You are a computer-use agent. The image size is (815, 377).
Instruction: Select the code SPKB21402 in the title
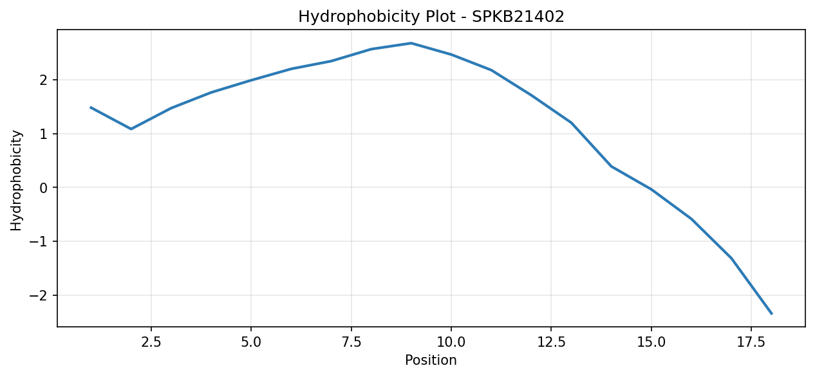pos(518,17)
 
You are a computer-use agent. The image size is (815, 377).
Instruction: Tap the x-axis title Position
pos(431,360)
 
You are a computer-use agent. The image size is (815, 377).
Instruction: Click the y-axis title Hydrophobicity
pos(16,181)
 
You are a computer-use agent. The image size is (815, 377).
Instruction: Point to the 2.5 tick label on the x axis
pos(151,342)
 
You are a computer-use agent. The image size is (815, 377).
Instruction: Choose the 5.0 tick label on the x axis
pos(251,342)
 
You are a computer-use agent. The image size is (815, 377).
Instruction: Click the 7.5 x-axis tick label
pos(351,342)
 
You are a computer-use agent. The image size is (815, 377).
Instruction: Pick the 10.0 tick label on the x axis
pos(451,342)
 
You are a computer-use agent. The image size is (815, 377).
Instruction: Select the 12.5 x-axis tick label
pos(551,342)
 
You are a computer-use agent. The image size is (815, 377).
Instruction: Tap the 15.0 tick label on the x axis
pos(651,342)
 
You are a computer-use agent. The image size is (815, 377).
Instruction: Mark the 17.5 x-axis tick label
pos(751,342)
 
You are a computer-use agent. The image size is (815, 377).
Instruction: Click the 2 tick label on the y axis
pos(44,80)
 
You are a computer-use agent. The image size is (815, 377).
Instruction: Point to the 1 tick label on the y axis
pos(44,134)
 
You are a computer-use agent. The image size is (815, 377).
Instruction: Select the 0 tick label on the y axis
pos(44,188)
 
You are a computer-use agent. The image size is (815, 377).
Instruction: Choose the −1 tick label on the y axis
pos(39,242)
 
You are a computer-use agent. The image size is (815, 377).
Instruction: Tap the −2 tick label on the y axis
pos(39,295)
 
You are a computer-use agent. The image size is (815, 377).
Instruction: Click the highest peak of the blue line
pos(411,43)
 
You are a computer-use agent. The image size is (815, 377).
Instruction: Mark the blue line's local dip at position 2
pos(131,129)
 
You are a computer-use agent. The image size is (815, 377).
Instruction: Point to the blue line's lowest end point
pos(771,314)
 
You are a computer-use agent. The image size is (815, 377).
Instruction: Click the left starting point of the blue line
pos(91,107)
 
